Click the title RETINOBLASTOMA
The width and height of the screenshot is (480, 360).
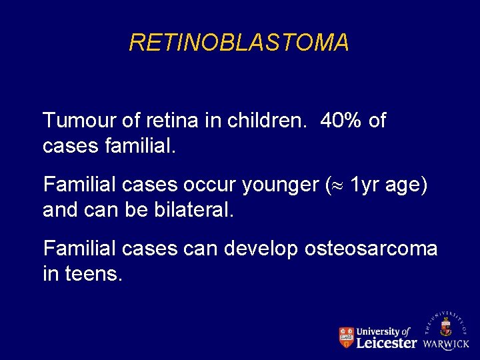(x=239, y=43)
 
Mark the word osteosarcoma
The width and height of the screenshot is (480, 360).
(x=371, y=249)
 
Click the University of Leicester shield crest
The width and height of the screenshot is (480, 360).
(x=346, y=337)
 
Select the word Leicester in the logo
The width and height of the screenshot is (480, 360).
(x=387, y=343)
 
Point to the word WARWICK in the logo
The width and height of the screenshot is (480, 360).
(x=446, y=345)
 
